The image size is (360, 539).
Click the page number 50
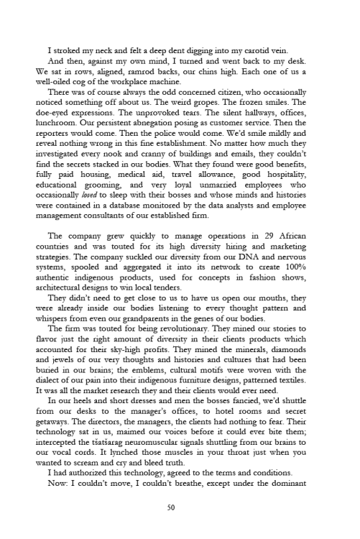pos(180,507)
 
